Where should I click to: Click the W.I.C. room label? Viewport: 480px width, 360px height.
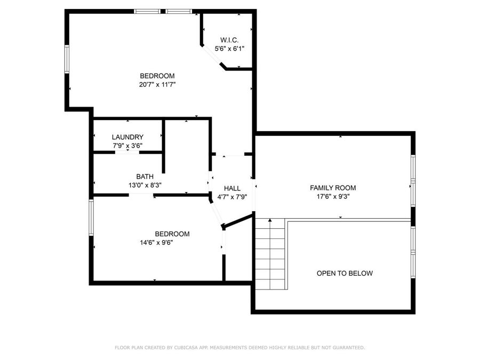coord(229,40)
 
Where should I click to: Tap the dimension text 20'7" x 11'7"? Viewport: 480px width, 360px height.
coord(157,84)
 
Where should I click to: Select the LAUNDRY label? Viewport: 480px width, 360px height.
coord(127,137)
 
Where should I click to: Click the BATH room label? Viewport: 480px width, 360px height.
coord(145,177)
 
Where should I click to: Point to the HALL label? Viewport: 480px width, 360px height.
coord(232,188)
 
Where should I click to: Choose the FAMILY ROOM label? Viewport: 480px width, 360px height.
coord(333,188)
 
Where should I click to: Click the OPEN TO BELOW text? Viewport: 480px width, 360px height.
coord(345,273)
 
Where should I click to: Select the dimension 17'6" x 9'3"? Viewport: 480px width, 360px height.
coord(333,196)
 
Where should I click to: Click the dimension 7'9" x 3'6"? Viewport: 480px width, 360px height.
coord(127,146)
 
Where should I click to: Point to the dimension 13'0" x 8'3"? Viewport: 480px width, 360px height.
coord(145,185)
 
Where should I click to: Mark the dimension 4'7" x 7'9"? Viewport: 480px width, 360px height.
coord(232,197)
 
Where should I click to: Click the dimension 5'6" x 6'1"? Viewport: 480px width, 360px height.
coord(229,49)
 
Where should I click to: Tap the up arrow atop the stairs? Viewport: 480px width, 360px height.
coord(270,220)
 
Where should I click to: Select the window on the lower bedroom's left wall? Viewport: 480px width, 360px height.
coord(91,217)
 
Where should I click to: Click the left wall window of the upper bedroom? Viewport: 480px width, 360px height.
coord(67,58)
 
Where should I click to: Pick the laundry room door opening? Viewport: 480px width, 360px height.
coord(127,153)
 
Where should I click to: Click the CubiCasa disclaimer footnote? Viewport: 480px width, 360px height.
coord(240,347)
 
